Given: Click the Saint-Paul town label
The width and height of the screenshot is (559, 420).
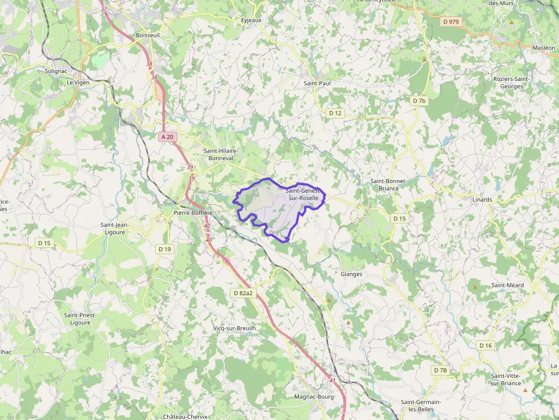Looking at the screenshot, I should click(317, 83).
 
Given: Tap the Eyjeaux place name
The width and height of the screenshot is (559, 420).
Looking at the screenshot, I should click(251, 21).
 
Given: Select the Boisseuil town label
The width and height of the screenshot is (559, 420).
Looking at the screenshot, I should click(148, 35).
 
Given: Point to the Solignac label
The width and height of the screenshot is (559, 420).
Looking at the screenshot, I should click(56, 71).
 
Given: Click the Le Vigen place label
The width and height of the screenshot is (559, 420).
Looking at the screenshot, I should click(78, 82).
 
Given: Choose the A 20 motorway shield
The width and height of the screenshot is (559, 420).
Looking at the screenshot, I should click(167, 137).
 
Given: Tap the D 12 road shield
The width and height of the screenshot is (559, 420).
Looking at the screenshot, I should click(335, 113).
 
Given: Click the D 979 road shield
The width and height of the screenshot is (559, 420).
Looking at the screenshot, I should click(451, 22).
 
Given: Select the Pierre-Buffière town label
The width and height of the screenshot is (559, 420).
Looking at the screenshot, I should click(193, 213).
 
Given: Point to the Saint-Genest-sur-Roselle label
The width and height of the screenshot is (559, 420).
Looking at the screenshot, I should click(302, 193).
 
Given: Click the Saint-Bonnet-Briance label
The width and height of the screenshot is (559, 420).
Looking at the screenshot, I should click(388, 185).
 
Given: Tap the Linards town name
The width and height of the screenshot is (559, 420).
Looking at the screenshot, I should click(482, 200).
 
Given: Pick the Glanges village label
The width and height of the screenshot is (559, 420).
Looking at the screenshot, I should click(351, 274).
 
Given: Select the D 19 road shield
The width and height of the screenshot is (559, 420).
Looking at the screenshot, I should click(164, 249).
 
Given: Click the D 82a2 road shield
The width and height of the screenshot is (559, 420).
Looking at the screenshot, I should click(243, 293).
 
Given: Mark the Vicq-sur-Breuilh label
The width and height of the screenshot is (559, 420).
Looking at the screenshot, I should click(234, 328).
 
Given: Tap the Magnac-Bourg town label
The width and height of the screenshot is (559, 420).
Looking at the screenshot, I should click(314, 397).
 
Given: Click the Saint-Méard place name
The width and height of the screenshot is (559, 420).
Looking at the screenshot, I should click(508, 285).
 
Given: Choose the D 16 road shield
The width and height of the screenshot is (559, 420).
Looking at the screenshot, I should click(485, 345).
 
